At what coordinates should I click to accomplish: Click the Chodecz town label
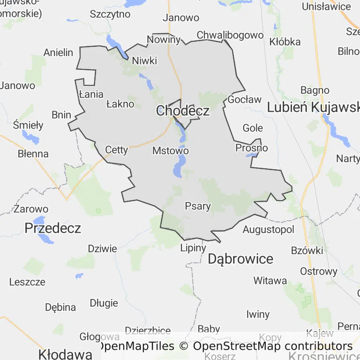click(x=183, y=111)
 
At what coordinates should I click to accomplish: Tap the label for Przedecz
click(x=52, y=228)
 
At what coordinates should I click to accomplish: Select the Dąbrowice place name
click(x=240, y=259)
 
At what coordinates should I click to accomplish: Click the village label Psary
click(x=198, y=206)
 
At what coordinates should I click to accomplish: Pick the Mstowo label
click(x=171, y=151)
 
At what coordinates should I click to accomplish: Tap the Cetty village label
click(x=116, y=150)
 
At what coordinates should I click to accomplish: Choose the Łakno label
click(x=120, y=104)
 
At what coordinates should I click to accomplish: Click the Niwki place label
click(x=144, y=61)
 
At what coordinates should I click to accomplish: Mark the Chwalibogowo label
click(x=230, y=35)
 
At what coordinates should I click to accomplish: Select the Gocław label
click(x=244, y=99)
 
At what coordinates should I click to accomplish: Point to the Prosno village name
click(x=252, y=148)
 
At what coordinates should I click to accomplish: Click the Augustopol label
click(x=268, y=230)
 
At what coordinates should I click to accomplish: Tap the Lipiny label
click(x=193, y=248)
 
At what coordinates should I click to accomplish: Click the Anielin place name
click(x=59, y=52)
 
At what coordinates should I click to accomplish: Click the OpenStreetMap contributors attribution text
click(x=273, y=346)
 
